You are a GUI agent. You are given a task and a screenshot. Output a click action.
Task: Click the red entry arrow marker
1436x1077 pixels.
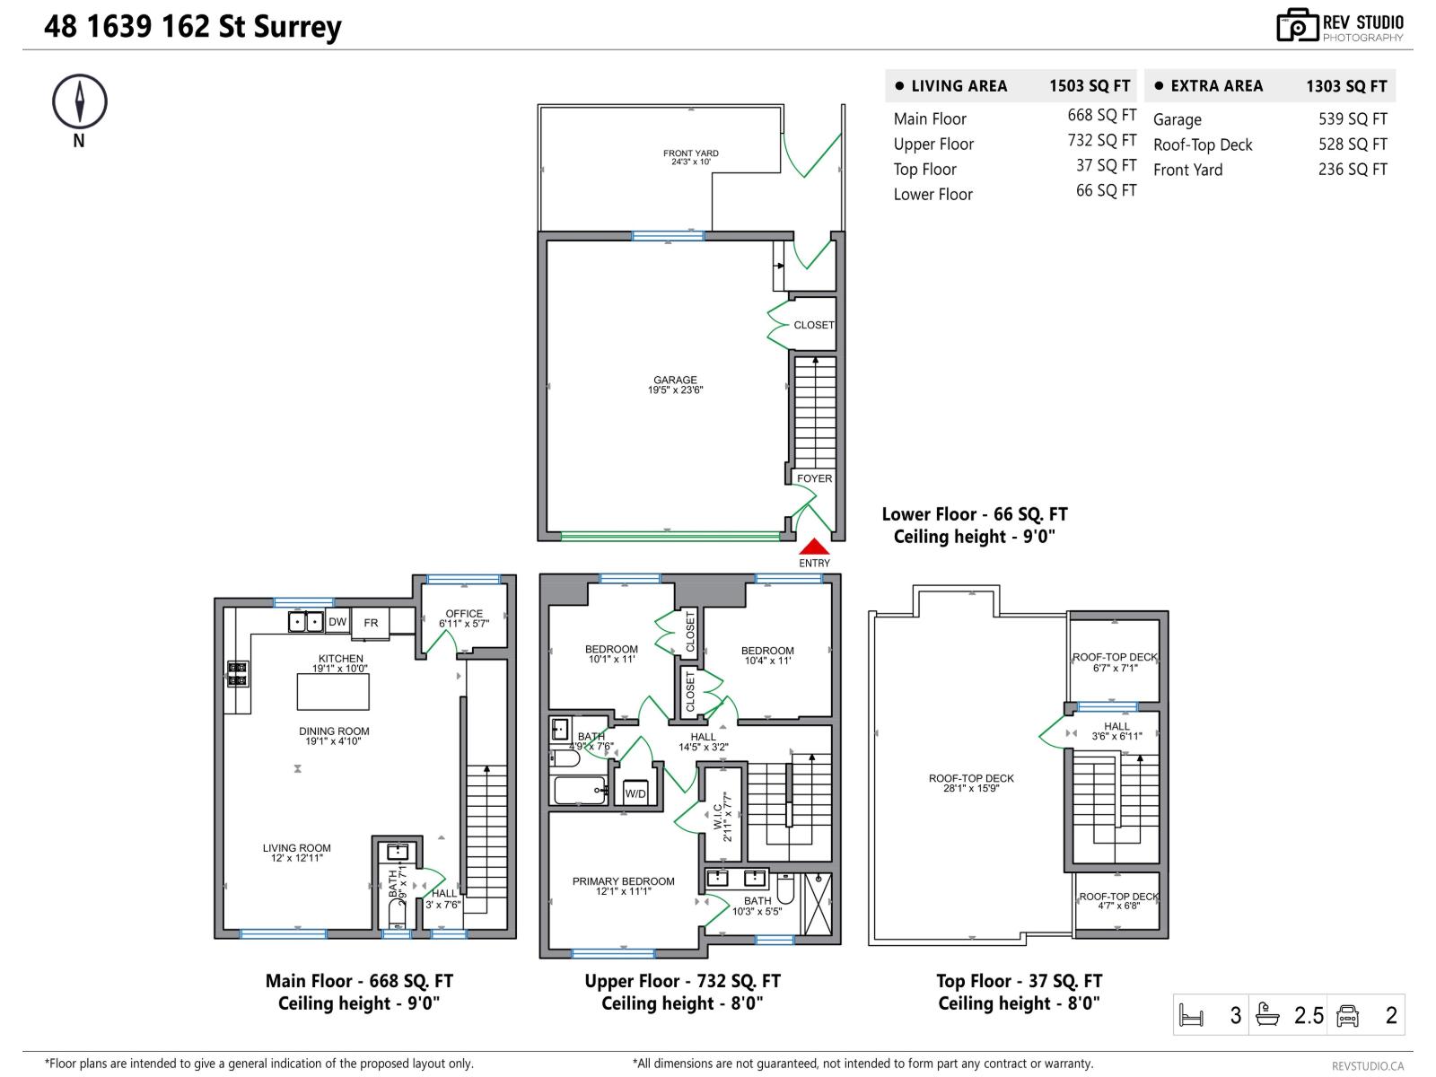pyautogui.click(x=814, y=546)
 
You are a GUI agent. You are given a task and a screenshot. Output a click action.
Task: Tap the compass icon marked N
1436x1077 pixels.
pyautogui.click(x=79, y=101)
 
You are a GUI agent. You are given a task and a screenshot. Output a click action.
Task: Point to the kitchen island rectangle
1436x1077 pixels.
pyautogui.click(x=333, y=692)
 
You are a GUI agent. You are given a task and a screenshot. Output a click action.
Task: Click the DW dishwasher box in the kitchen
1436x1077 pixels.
pyautogui.click(x=337, y=622)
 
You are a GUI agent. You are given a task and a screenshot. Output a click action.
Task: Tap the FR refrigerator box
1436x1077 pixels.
pyautogui.click(x=371, y=623)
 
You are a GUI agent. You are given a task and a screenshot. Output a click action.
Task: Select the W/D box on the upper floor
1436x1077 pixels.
pyautogui.click(x=635, y=793)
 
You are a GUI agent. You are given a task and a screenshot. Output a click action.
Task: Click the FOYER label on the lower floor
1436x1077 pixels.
pyautogui.click(x=814, y=478)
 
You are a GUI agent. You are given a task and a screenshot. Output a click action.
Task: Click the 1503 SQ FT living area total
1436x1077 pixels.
pyautogui.click(x=1090, y=86)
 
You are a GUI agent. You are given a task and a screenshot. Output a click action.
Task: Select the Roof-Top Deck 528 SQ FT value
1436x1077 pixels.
pyautogui.click(x=1353, y=144)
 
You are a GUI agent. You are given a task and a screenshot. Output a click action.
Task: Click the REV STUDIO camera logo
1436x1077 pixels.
pyautogui.click(x=1297, y=25)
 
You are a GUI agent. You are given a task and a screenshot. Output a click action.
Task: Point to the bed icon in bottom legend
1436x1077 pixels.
pyautogui.click(x=1191, y=1016)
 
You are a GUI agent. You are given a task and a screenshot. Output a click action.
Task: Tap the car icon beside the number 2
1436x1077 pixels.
pyautogui.click(x=1347, y=1016)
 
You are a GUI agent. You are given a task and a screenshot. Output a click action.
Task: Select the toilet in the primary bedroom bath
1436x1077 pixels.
pyautogui.click(x=785, y=889)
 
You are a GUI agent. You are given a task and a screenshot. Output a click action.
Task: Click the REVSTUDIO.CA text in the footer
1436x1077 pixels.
pyautogui.click(x=1367, y=1065)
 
